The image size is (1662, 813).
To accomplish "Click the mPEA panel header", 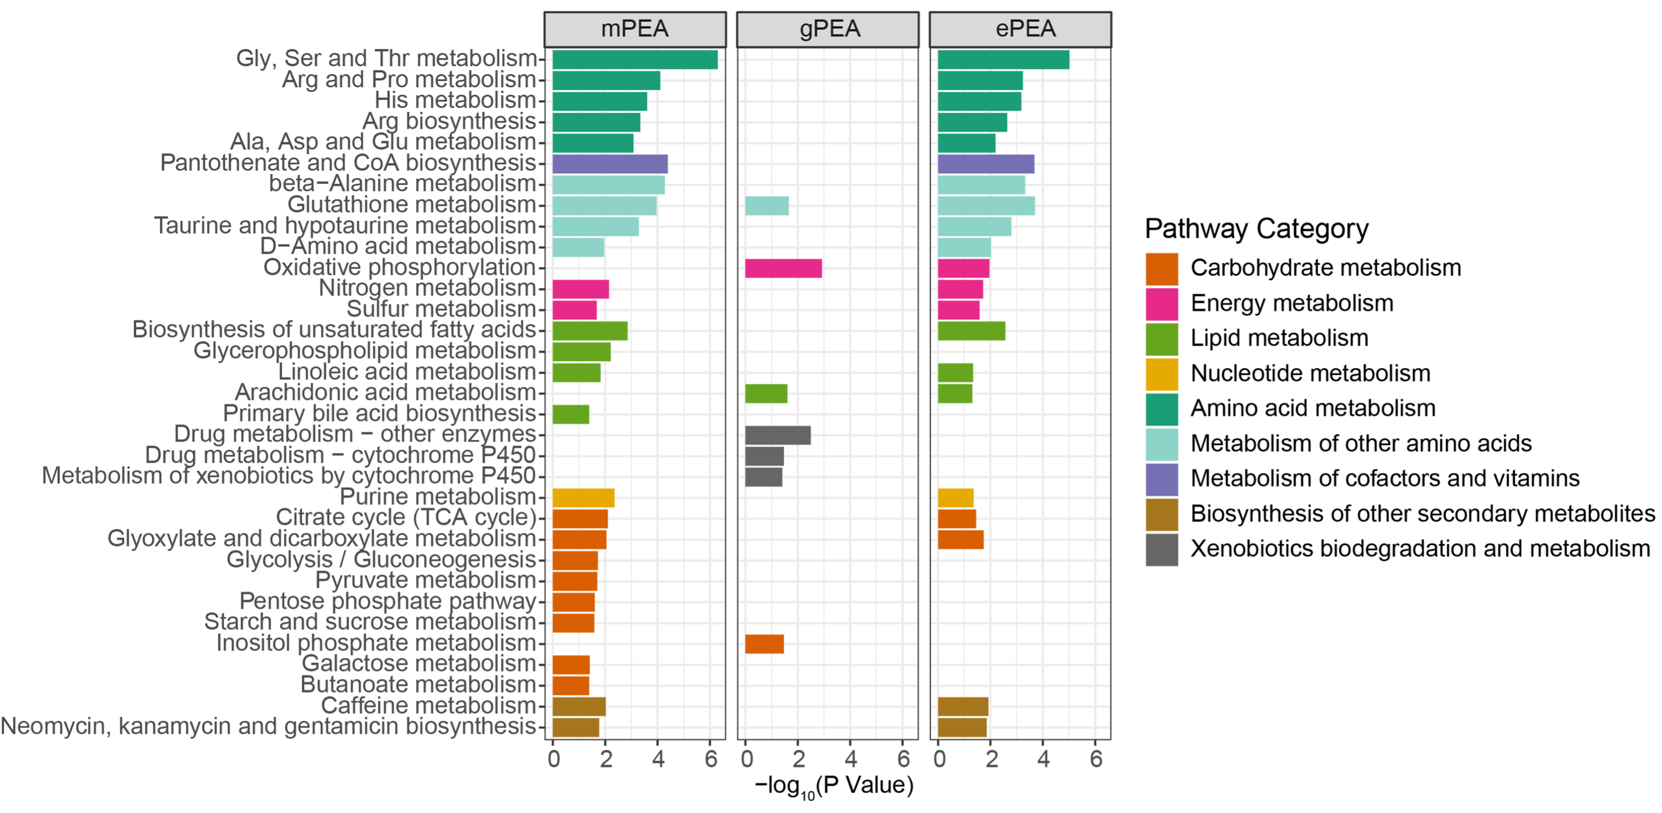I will [635, 30].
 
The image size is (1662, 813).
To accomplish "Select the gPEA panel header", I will [828, 30].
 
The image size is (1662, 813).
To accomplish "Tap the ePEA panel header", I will [1020, 30].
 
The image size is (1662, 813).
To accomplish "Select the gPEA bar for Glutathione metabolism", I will [766, 206].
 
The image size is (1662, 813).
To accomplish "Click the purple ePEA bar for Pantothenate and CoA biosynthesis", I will [986, 164].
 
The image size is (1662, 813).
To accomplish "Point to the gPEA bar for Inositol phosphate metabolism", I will [765, 644].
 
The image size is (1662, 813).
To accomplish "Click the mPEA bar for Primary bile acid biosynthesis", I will [570, 414].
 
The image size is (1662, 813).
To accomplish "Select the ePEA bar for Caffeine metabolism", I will [963, 707].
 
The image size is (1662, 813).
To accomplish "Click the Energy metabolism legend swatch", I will [1161, 304].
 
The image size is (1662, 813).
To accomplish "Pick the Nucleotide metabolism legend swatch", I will [1161, 374].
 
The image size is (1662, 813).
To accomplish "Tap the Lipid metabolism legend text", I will [1279, 338].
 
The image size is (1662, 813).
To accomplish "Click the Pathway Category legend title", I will [1256, 229].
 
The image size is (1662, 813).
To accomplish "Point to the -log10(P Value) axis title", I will [834, 786].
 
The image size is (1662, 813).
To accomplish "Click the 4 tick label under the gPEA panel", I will [851, 760].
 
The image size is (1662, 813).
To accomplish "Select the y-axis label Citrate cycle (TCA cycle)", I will [406, 517].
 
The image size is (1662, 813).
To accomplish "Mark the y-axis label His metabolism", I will [455, 100].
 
